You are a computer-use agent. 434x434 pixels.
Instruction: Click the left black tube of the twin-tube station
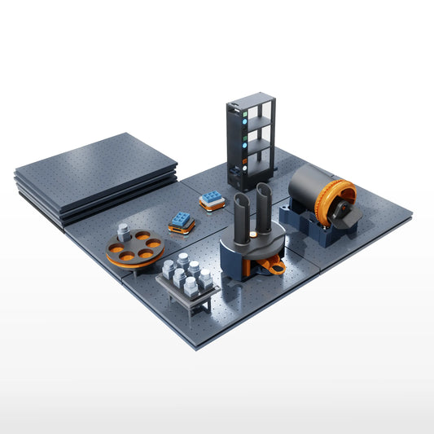pyautogui.click(x=243, y=218)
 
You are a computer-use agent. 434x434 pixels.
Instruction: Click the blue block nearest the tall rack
pyautogui.click(x=213, y=199)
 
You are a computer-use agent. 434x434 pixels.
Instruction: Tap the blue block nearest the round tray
pyautogui.click(x=182, y=219)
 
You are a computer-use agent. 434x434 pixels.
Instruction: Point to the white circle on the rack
pyautogui.click(x=243, y=169)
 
